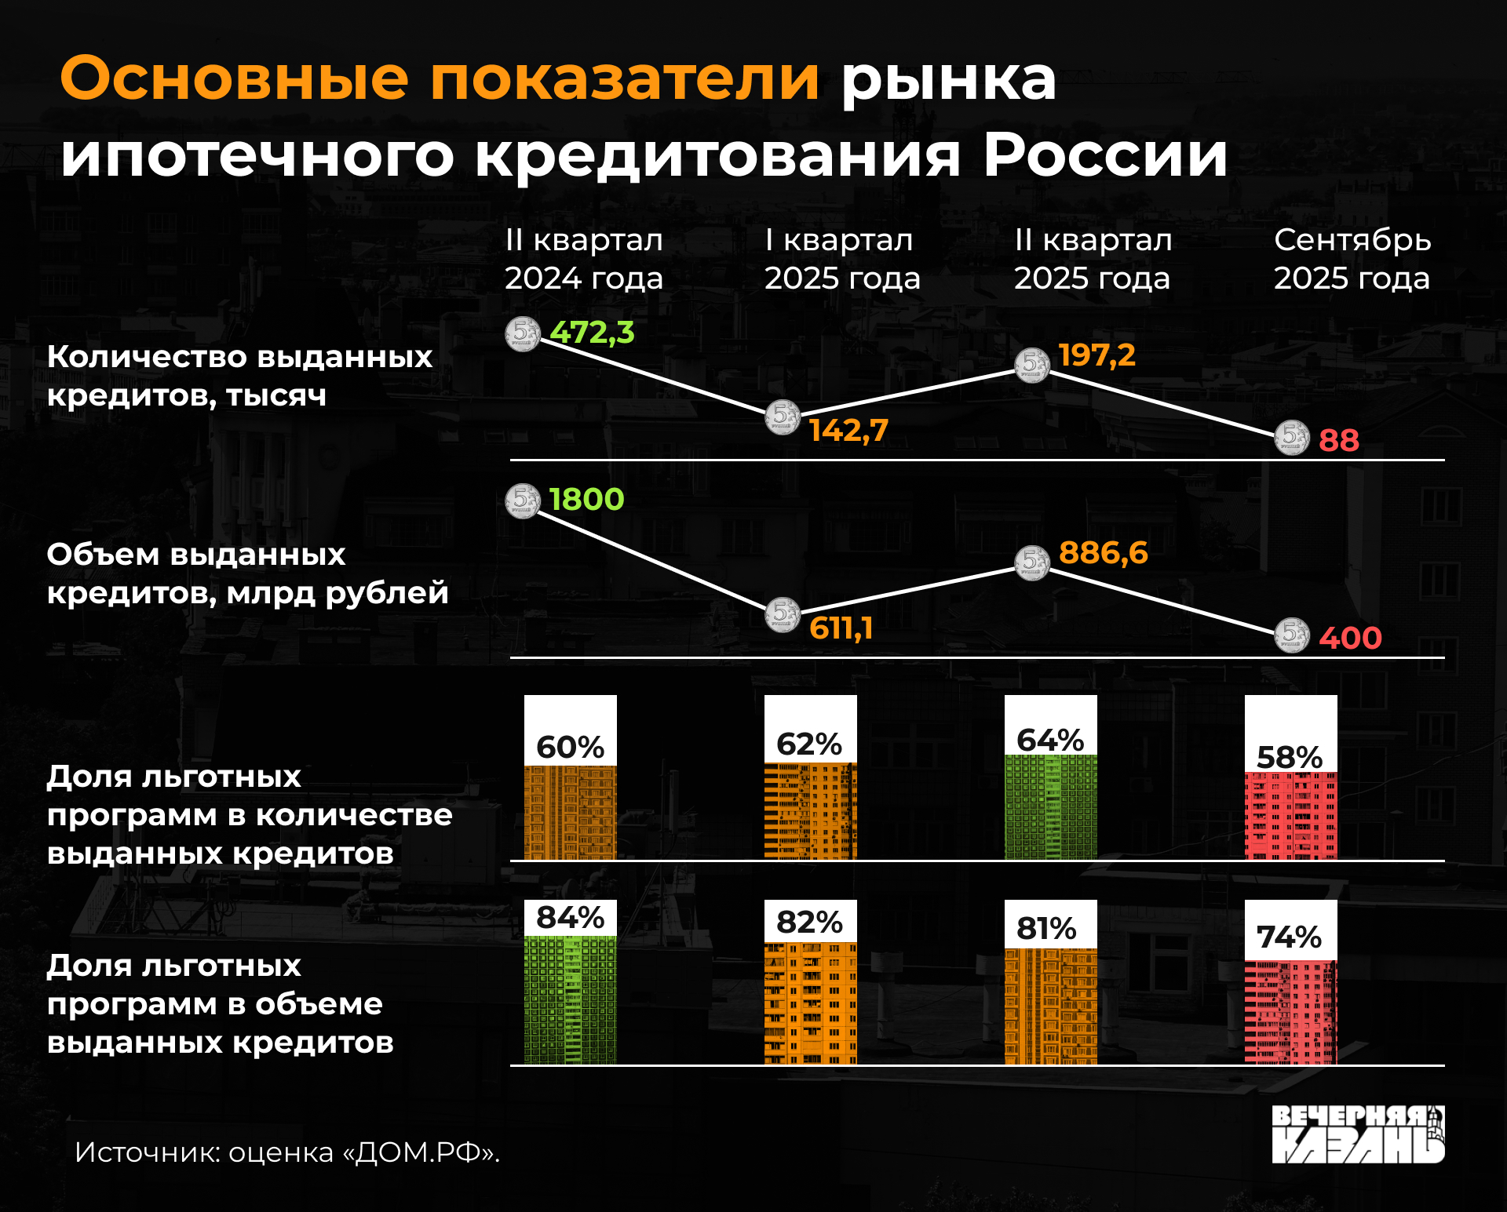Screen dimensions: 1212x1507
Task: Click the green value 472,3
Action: [591, 333]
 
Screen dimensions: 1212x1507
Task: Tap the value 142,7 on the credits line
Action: [848, 431]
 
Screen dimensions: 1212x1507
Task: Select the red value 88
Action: [1338, 441]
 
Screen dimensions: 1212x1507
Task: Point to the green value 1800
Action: [586, 500]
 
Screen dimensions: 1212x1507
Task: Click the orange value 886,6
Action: [1103, 553]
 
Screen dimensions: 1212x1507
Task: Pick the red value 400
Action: [1350, 639]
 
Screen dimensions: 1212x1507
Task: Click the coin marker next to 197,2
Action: [1031, 365]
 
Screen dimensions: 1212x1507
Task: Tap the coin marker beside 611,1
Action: [783, 614]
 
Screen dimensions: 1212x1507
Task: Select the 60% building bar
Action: [571, 812]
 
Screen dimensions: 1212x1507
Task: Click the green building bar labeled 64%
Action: [1050, 806]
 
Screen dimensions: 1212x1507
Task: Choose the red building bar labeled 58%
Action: [1290, 815]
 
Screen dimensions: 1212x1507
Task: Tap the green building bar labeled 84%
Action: [571, 999]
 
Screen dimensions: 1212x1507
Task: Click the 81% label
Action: [1046, 929]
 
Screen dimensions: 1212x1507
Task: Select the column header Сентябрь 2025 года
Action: [1352, 259]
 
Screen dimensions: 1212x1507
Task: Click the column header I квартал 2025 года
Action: [841, 259]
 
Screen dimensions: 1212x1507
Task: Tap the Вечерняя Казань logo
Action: [1358, 1134]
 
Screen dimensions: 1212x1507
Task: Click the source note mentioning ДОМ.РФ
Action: [287, 1152]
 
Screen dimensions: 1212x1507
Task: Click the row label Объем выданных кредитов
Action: [247, 573]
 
